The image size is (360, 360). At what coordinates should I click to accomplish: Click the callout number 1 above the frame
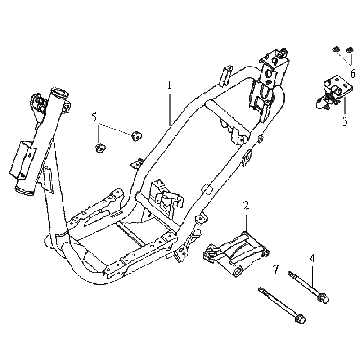click(x=170, y=86)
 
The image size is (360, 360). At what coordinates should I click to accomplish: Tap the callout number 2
click(x=246, y=205)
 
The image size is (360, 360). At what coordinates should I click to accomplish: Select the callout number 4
click(x=312, y=258)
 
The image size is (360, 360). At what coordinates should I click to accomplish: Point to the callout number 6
click(x=353, y=73)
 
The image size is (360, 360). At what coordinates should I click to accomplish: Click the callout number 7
click(x=275, y=270)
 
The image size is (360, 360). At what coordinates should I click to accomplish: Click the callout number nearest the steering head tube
click(x=95, y=117)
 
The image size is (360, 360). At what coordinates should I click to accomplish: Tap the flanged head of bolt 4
click(x=323, y=298)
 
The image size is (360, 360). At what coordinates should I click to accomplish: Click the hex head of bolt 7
click(x=300, y=318)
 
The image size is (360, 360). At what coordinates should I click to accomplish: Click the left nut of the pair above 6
click(x=336, y=50)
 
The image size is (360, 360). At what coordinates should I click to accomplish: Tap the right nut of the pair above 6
click(x=349, y=50)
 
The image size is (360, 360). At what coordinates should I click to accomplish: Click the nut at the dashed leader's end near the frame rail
click(x=136, y=136)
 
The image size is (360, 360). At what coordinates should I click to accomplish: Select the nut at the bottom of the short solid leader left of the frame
click(x=99, y=147)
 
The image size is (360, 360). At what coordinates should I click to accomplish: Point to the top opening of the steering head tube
click(x=59, y=92)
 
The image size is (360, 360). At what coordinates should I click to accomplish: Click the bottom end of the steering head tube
click(x=24, y=191)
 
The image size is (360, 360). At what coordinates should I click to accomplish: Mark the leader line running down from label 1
click(x=170, y=108)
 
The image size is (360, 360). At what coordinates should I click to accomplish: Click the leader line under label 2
click(x=246, y=222)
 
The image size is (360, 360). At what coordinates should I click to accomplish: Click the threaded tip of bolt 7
click(x=261, y=290)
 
